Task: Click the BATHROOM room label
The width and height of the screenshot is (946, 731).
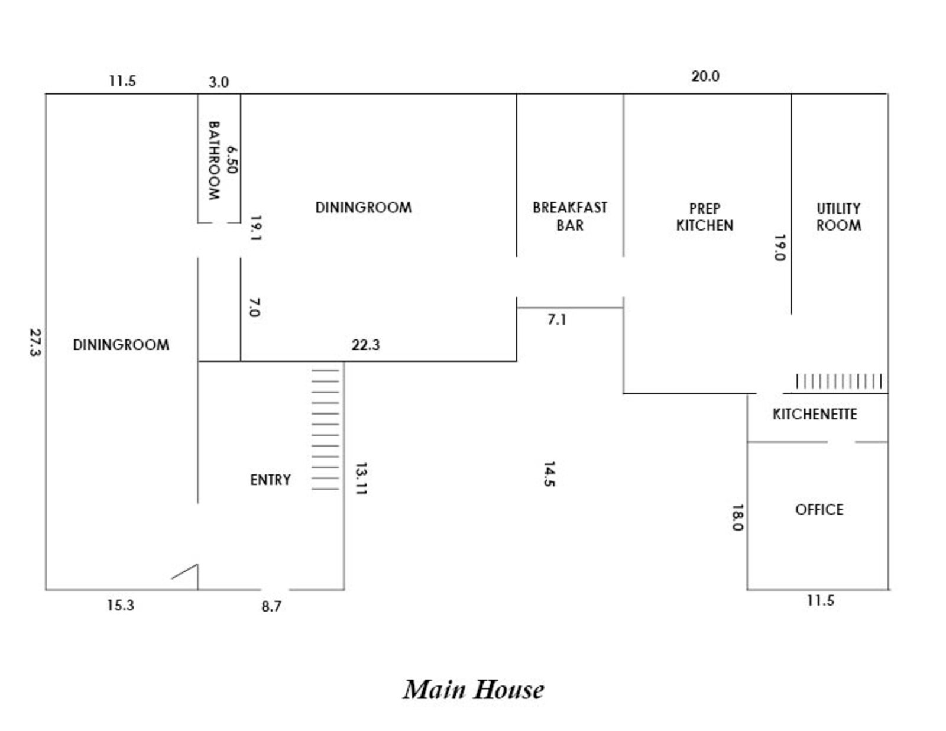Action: [x=213, y=160]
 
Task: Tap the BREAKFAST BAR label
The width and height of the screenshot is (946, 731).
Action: [x=569, y=216]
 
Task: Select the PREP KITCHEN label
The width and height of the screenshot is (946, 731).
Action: [x=704, y=217]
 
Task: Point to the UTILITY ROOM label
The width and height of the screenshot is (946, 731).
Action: [x=838, y=217]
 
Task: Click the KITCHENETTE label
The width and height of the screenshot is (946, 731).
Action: [x=815, y=414]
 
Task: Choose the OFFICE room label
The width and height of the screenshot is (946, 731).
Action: [x=819, y=510]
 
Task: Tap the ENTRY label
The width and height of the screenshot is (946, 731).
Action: [x=270, y=480]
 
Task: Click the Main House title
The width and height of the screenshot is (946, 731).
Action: [x=473, y=690]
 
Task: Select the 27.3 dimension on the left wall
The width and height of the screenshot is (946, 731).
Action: [x=34, y=342]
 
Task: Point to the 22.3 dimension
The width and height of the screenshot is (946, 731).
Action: [x=365, y=345]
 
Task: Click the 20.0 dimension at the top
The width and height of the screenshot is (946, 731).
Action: [x=705, y=76]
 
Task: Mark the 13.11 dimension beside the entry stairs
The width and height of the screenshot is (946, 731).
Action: [x=361, y=479]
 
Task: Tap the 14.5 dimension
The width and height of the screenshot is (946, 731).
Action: [x=549, y=474]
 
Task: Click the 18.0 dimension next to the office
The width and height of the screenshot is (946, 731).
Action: [x=737, y=517]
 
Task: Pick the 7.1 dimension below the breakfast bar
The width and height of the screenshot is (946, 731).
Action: [x=557, y=320]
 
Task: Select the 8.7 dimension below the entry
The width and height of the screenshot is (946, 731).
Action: [x=271, y=606]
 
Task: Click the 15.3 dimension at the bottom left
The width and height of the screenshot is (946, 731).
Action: [x=121, y=606]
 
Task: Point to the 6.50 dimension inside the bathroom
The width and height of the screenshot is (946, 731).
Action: [x=232, y=160]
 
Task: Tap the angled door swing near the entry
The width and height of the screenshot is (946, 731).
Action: [x=185, y=571]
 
